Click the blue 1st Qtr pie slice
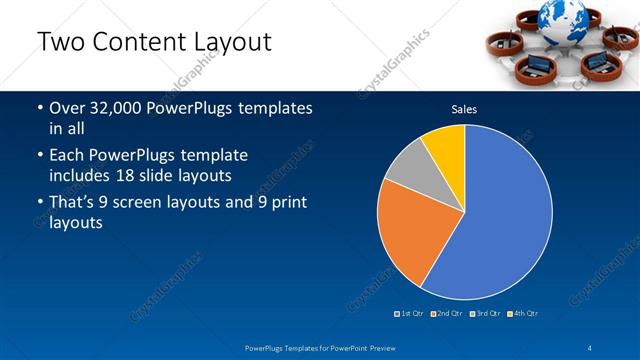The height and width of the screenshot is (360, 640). [x=500, y=220]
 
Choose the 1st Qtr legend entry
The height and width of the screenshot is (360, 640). [x=410, y=314]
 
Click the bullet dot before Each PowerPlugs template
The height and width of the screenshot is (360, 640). [x=39, y=156]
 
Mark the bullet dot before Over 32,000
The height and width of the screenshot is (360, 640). [x=39, y=108]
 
